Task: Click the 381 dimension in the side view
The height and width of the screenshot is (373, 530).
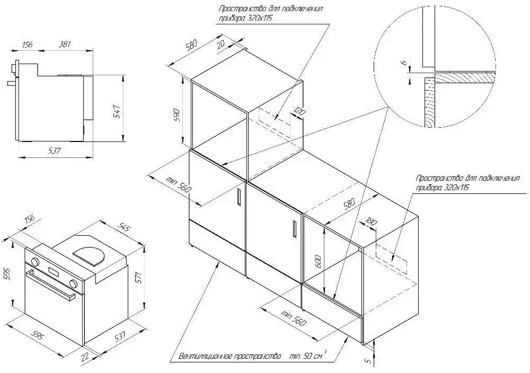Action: (x=65, y=44)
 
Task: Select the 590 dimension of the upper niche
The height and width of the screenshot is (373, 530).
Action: (x=178, y=115)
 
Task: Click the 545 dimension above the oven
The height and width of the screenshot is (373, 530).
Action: (x=125, y=229)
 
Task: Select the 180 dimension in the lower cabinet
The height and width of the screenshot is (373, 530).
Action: (x=371, y=222)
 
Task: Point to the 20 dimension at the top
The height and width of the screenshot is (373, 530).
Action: (x=221, y=45)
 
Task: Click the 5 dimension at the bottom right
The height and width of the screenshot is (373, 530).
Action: (x=368, y=360)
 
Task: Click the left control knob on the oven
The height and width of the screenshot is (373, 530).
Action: (x=34, y=262)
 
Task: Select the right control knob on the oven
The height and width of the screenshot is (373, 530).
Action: (x=73, y=283)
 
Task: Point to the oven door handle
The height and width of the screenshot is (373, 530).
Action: (x=51, y=286)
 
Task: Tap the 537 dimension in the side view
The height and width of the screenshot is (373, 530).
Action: (x=54, y=150)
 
